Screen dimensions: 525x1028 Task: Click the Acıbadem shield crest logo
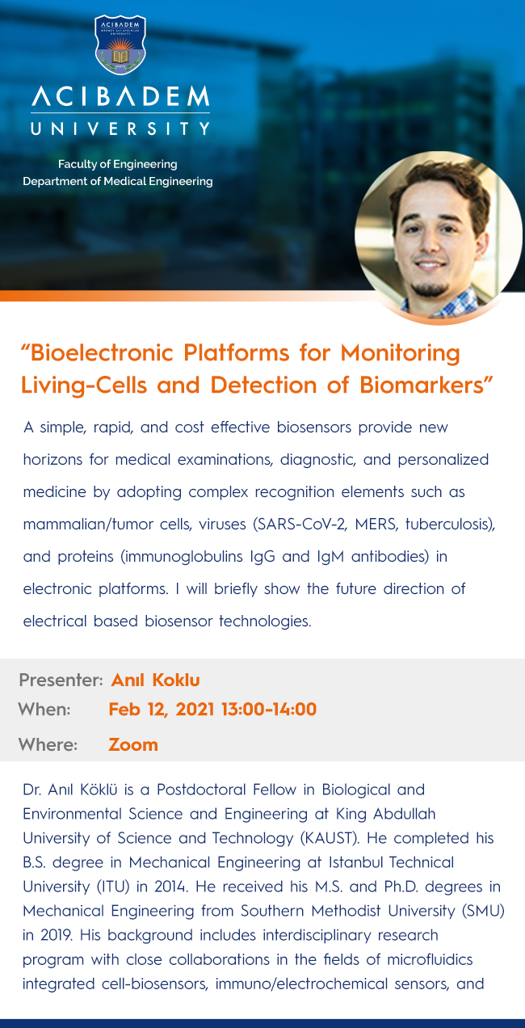[120, 44]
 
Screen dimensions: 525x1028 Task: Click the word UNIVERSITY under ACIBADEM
[120, 128]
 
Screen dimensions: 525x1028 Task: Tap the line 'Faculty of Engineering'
[117, 164]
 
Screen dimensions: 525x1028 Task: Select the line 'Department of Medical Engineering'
[118, 181]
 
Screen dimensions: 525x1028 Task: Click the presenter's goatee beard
[430, 289]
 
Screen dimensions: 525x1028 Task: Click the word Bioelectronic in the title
[102, 353]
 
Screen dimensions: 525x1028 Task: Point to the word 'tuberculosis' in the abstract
[445, 524]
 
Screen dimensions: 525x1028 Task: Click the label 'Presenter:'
[61, 680]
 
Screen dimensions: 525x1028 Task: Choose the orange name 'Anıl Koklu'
[155, 680]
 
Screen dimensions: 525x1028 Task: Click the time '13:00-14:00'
[269, 710]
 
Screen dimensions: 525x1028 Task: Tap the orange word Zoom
[133, 745]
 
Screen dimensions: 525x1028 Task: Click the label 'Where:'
[48, 745]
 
